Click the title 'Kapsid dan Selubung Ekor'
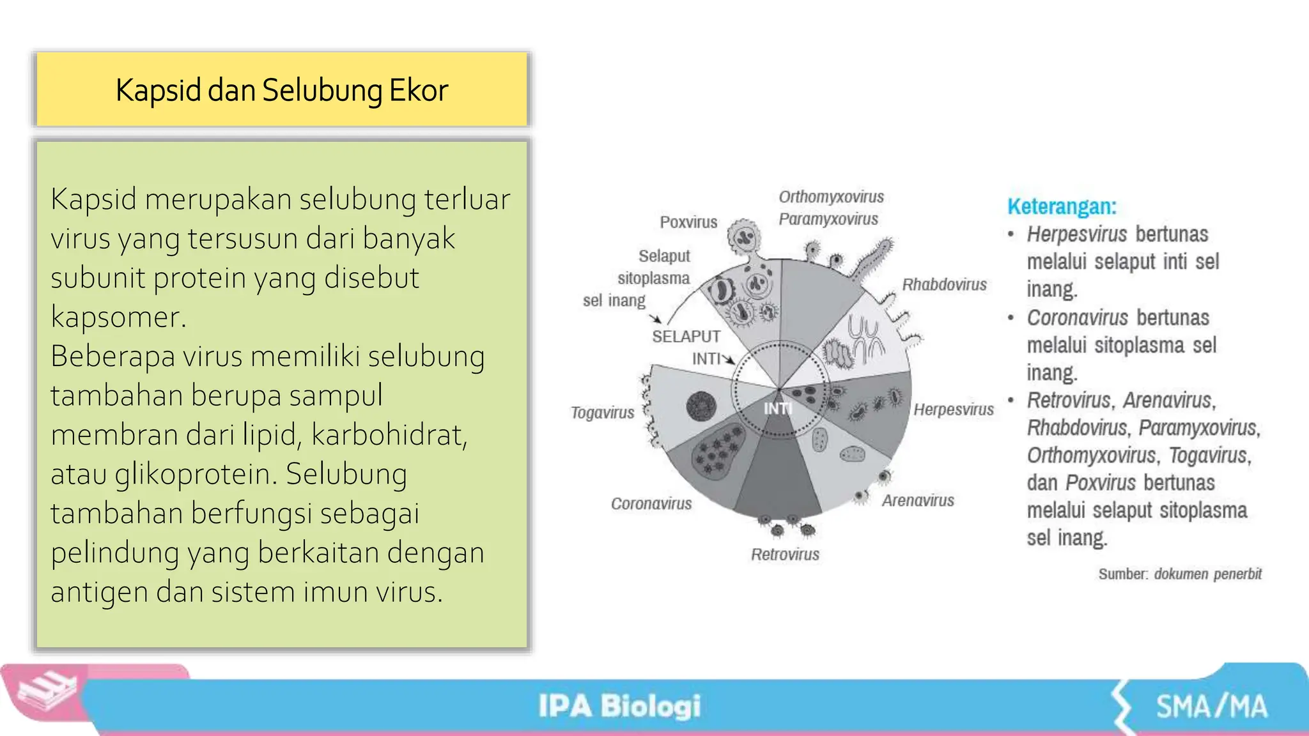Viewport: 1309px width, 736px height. tap(282, 90)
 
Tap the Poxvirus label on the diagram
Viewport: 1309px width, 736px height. tap(688, 222)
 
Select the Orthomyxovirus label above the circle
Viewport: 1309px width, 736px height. tap(831, 197)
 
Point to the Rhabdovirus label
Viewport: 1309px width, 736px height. tap(944, 285)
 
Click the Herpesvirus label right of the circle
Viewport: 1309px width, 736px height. tap(953, 410)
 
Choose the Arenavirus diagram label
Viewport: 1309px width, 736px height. tap(918, 500)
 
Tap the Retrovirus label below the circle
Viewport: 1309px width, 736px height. tap(785, 555)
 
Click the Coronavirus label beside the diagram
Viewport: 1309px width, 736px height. tap(651, 503)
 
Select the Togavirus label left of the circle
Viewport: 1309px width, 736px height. tap(602, 413)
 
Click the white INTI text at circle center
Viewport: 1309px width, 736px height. tap(778, 408)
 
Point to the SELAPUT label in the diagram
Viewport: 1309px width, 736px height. tap(686, 337)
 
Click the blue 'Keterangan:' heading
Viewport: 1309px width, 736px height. tap(1062, 206)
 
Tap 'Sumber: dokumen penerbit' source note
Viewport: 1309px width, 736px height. tap(1180, 574)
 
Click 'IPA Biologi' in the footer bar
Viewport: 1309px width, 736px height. tap(619, 706)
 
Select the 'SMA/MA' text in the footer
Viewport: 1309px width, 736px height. tap(1211, 707)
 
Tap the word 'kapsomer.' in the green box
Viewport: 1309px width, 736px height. tap(118, 317)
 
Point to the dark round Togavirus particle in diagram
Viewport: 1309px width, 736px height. tap(701, 406)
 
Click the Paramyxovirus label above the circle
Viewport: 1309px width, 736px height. tap(828, 219)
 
